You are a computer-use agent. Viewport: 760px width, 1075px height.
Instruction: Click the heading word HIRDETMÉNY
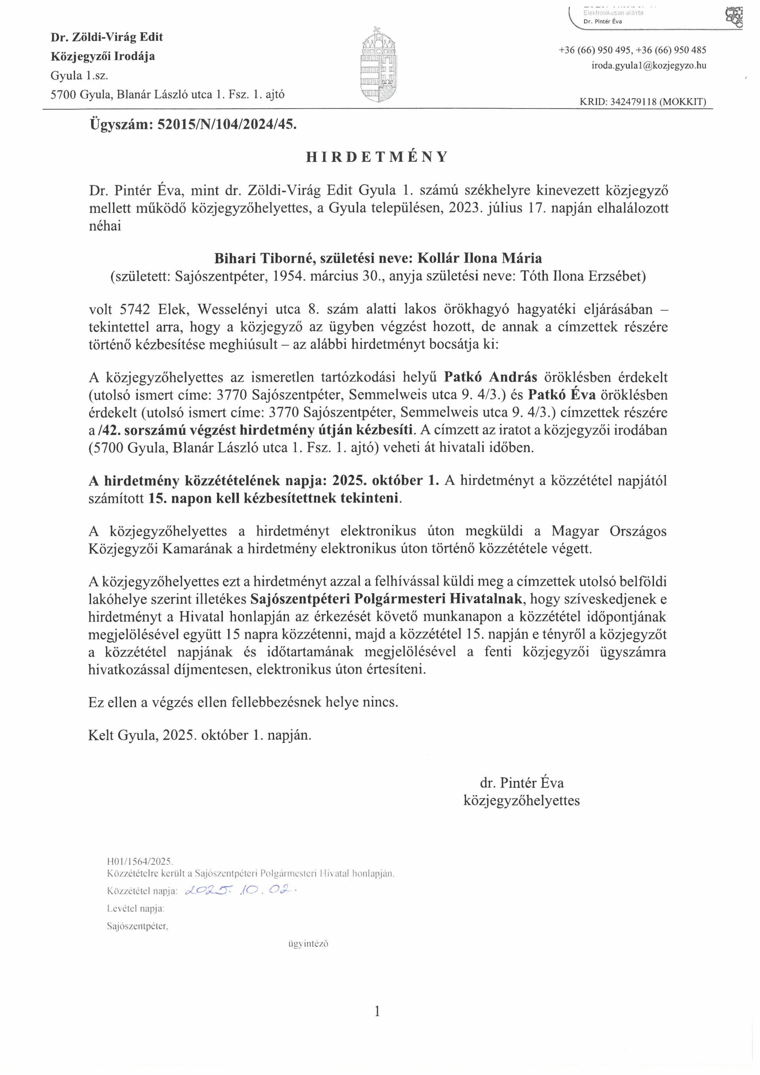(377, 157)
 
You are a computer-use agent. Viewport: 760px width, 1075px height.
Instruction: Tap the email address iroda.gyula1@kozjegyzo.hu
(649, 66)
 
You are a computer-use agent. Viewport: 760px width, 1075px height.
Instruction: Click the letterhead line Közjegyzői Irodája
(103, 57)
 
